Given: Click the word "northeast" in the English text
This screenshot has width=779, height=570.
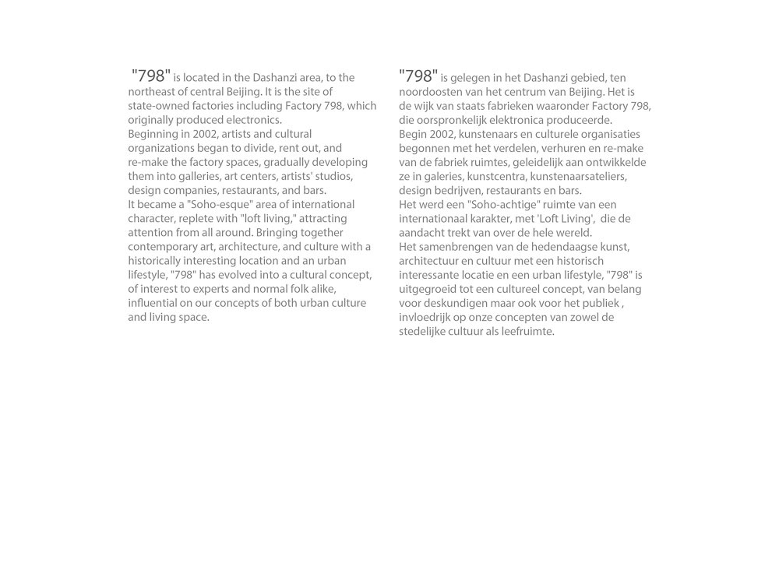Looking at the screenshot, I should [x=153, y=92].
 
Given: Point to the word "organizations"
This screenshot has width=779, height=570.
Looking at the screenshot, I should [x=162, y=148].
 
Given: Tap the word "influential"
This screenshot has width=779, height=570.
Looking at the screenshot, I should [x=154, y=303].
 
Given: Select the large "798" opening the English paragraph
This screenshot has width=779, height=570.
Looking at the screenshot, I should [x=151, y=76].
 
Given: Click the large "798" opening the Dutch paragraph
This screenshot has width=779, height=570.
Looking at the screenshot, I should [x=418, y=76].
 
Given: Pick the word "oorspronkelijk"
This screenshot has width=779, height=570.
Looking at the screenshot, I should [x=455, y=120].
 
